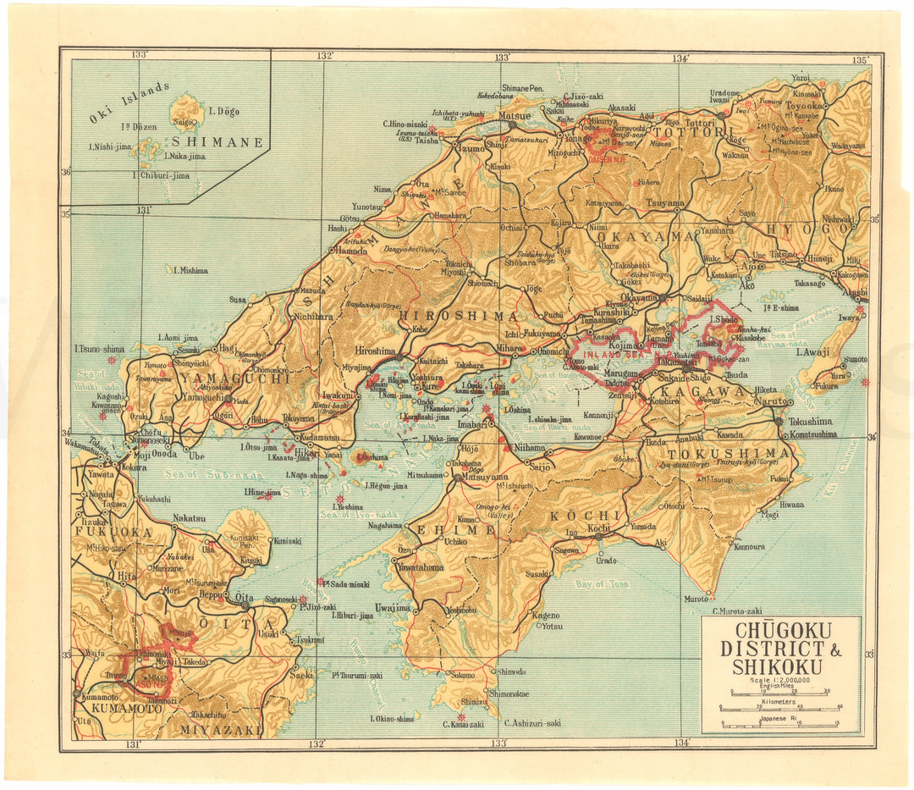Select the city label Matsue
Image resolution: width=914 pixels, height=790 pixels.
515,115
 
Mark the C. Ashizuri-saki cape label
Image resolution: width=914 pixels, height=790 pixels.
532,723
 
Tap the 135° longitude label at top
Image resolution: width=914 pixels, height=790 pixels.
860,60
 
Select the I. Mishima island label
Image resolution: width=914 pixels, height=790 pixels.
190,271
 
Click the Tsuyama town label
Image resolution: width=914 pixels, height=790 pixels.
664,203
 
